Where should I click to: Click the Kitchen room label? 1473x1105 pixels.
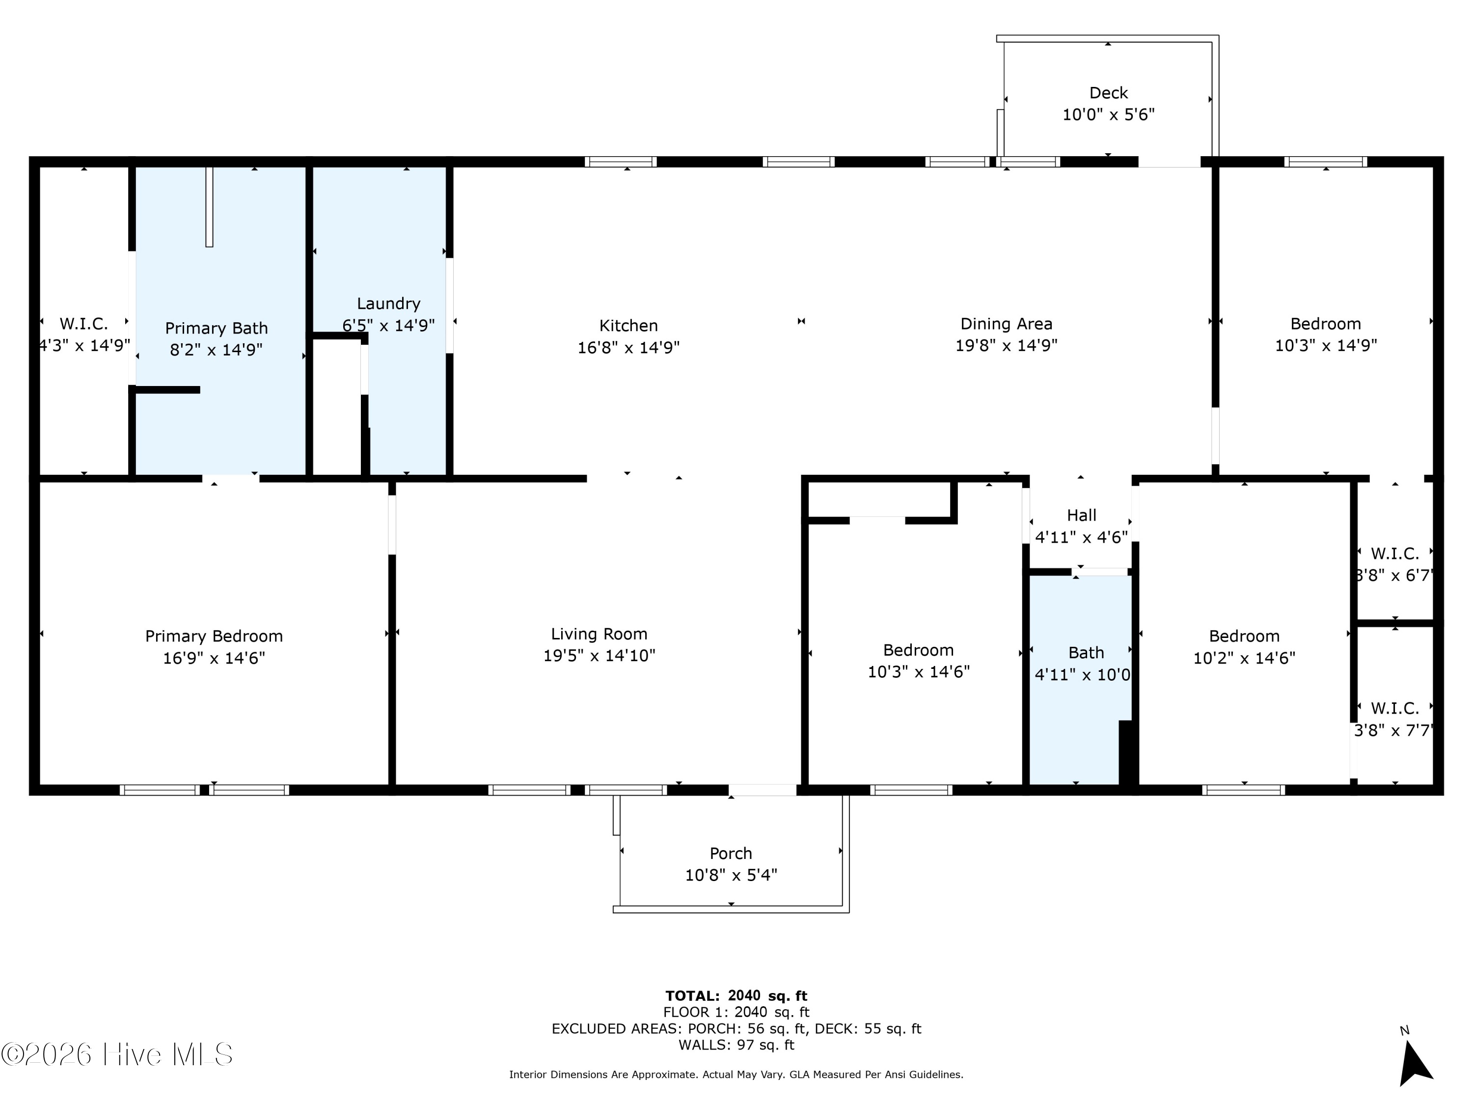628,326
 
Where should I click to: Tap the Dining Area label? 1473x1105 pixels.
1006,324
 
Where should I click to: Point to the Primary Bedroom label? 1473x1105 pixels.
214,636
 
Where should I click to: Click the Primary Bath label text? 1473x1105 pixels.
217,329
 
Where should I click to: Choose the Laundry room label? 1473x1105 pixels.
388,304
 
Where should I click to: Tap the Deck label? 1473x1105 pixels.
1109,93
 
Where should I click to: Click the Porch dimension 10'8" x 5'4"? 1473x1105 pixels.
731,875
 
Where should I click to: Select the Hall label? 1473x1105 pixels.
1082,515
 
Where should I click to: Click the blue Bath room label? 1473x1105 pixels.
1086,653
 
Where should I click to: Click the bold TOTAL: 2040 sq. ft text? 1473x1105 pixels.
736,996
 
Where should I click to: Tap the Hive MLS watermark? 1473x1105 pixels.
117,1054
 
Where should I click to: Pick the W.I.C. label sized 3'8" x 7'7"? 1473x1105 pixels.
1394,708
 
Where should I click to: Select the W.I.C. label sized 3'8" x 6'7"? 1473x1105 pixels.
1394,553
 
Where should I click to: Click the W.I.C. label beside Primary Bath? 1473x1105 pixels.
84,324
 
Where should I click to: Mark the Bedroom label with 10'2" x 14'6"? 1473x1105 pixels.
1244,636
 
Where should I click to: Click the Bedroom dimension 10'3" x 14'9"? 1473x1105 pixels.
1326,345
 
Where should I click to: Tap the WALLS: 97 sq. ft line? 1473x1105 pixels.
736,1045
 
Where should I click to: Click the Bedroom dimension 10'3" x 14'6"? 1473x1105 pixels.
918,671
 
